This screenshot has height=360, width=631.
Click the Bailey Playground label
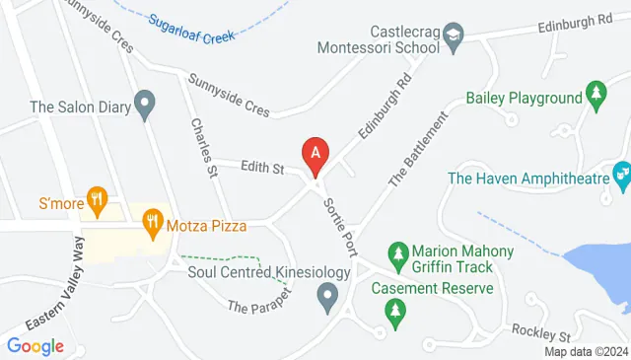point(525,98)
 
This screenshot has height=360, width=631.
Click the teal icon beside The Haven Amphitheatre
point(621,174)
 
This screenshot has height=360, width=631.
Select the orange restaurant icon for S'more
point(96,200)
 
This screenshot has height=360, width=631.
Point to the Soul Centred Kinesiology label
point(269,271)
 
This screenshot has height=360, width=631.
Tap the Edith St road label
point(262,170)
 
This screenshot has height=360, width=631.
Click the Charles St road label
point(204,149)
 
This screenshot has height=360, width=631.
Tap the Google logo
point(35,345)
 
